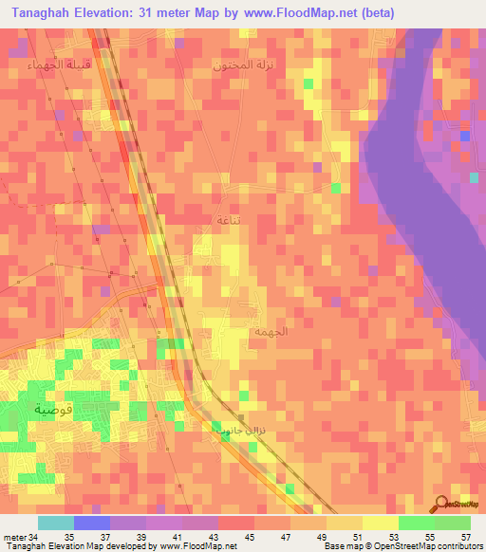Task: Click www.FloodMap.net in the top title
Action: point(294,12)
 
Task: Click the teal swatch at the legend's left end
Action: point(56,523)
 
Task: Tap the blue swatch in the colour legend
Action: point(92,523)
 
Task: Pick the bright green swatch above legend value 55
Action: point(417,523)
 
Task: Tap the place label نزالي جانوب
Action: point(233,429)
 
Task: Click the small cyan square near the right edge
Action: point(474,177)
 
